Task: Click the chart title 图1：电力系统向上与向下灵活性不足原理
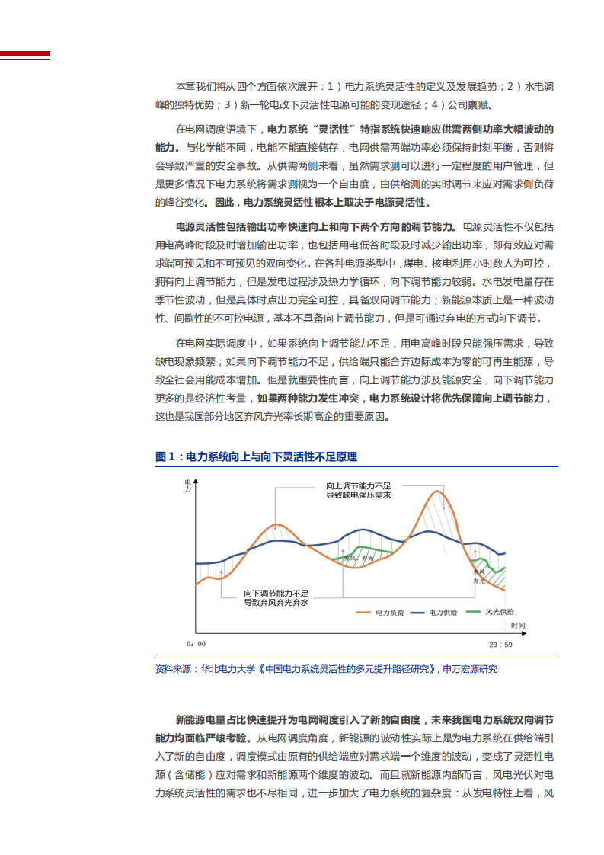256,456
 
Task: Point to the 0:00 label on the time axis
196,645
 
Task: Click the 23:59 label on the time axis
500,645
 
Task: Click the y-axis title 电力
188,487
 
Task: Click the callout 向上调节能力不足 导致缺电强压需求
358,490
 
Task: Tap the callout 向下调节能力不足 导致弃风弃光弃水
276,597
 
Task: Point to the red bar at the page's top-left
25,55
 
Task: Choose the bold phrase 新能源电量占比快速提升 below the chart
242,719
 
